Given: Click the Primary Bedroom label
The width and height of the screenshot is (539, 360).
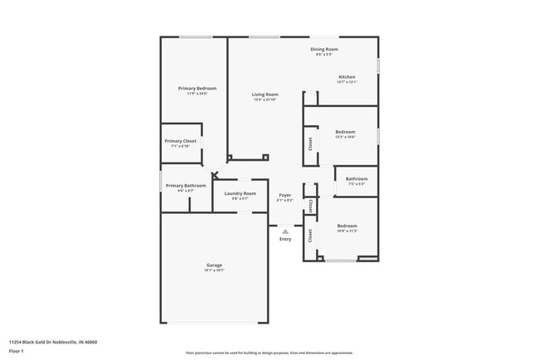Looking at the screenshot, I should click(197, 88).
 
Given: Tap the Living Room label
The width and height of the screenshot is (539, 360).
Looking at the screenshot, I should click(265, 95).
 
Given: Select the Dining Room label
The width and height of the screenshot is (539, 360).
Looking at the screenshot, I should click(324, 49).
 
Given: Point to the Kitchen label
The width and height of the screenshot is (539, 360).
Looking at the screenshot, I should click(347, 77).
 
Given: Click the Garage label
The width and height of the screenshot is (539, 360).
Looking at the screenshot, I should click(214, 265).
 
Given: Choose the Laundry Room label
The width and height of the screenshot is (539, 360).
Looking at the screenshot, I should click(240, 193).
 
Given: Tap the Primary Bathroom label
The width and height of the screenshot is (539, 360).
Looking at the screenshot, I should click(186, 185).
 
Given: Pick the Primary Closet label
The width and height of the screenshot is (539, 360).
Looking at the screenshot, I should click(180, 141).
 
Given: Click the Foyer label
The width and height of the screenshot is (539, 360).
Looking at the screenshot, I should click(285, 195).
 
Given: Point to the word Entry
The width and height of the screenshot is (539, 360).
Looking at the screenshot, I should click(285, 239).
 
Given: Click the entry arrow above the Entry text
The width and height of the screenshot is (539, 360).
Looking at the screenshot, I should click(285, 231).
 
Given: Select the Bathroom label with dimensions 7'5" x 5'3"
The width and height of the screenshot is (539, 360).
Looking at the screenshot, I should click(357, 178).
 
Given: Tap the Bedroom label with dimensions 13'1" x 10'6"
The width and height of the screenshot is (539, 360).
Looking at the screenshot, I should click(345, 132).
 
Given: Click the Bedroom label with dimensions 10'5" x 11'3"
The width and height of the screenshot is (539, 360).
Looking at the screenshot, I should click(347, 226).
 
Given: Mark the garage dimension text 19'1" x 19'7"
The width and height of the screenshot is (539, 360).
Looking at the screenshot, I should click(214, 270).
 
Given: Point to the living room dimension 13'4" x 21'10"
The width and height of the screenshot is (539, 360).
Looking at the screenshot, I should click(265, 100).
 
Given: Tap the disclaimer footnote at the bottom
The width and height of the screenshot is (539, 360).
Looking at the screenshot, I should click(269, 353).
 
